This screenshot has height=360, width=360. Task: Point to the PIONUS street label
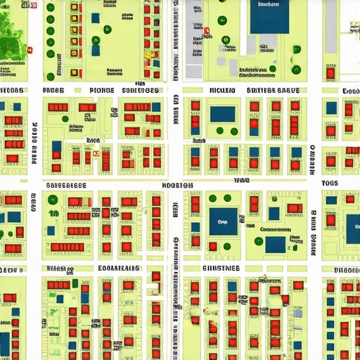click(102, 91)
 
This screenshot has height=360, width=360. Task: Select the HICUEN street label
click(223, 91)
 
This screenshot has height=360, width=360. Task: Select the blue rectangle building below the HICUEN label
click(223, 113)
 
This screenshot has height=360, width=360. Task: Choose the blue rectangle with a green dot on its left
click(275, 244)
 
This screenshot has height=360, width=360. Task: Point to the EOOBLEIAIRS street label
click(118, 269)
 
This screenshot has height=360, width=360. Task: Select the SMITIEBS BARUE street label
click(273, 91)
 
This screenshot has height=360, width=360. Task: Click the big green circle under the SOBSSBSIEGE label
click(53, 200)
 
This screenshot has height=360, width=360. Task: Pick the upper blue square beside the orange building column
click(96, 17)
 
